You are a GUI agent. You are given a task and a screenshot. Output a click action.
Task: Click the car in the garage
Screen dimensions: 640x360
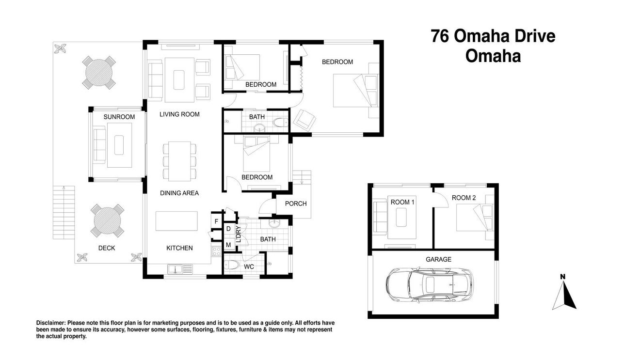pyautogui.click(x=430, y=285)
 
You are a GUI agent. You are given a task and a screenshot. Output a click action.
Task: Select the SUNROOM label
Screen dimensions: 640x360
pyautogui.click(x=119, y=117)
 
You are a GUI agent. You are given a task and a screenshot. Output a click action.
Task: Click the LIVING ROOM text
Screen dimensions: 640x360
pyautogui.click(x=179, y=114)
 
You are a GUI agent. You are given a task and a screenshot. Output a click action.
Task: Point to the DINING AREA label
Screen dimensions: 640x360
pyautogui.click(x=179, y=193)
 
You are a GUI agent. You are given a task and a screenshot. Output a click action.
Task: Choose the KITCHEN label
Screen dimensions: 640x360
pyautogui.click(x=179, y=248)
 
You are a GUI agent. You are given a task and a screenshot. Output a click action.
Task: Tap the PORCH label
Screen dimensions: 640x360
pyautogui.click(x=296, y=203)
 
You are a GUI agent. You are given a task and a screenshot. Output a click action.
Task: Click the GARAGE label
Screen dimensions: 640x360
pyautogui.click(x=439, y=259)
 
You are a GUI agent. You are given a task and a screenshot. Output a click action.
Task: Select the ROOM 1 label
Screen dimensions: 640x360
pyautogui.click(x=402, y=202)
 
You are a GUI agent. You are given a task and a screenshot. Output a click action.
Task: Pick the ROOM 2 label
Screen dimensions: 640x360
pyautogui.click(x=464, y=198)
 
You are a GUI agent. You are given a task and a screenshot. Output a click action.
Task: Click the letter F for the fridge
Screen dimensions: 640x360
pyautogui.click(x=216, y=221)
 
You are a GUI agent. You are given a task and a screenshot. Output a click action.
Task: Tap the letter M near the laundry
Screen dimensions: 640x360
pyautogui.click(x=228, y=245)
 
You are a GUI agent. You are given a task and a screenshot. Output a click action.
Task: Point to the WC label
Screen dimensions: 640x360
pyautogui.click(x=249, y=266)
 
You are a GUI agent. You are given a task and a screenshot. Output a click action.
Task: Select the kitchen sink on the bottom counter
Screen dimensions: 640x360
pyautogui.click(x=180, y=269)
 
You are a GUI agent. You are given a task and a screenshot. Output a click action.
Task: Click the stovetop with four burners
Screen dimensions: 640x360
pyautogui.click(x=216, y=251)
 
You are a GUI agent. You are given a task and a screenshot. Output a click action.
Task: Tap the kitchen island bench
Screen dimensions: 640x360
pyautogui.click(x=176, y=221)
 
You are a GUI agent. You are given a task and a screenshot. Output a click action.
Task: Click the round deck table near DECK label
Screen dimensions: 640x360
pyautogui.click(x=108, y=220)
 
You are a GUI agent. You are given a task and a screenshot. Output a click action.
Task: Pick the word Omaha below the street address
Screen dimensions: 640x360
pyautogui.click(x=493, y=56)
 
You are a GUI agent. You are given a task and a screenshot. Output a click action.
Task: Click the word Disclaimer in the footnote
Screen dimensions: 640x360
pyautogui.click(x=51, y=323)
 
